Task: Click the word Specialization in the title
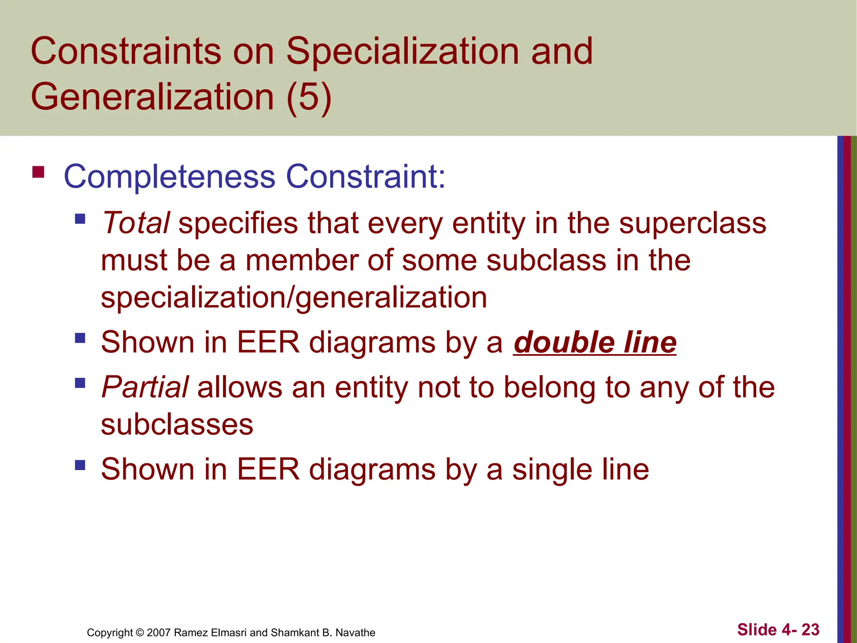coord(403,51)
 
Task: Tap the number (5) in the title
coord(309,97)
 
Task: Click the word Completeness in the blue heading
coord(169,177)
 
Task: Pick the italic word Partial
coord(145,387)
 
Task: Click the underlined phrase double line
coord(594,342)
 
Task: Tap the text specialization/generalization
coord(294,298)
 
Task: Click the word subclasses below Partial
coord(177,424)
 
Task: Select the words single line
coord(580,469)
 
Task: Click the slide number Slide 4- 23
coord(778,629)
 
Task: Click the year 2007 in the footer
coord(159,633)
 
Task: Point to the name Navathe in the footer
coord(355,633)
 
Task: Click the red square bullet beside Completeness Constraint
coord(38,172)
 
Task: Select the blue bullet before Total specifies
coord(80,219)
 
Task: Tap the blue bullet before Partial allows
coord(80,383)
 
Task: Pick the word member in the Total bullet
coord(301,260)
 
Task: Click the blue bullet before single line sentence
coord(80,465)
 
